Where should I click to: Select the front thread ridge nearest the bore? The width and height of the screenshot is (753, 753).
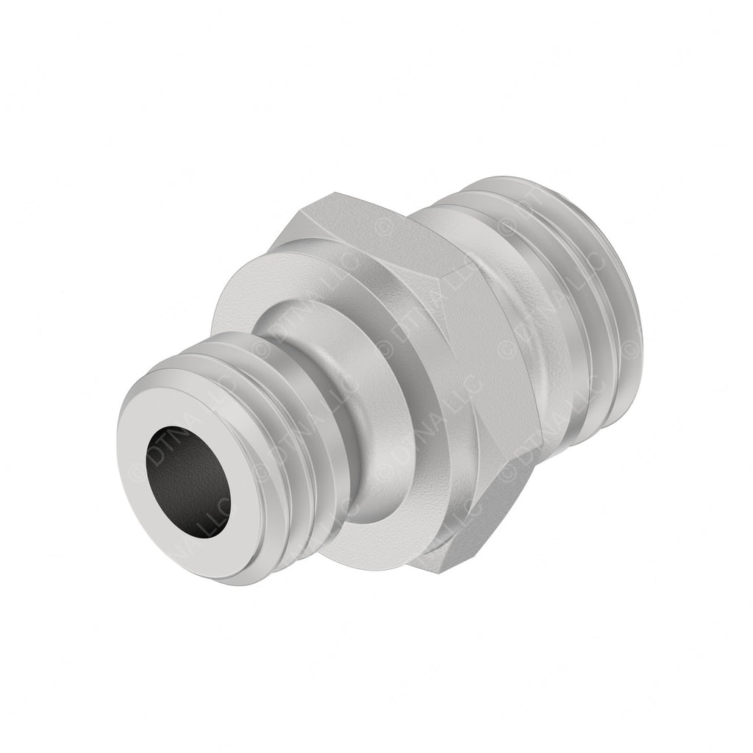[243, 382]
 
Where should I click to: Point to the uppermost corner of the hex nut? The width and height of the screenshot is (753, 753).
[335, 194]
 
